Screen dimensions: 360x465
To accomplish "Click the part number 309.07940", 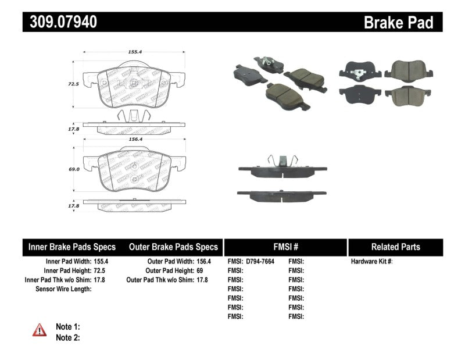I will click(x=60, y=22).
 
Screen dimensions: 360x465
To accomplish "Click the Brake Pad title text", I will click(x=398, y=23).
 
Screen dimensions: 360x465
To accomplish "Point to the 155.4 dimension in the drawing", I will click(x=135, y=52).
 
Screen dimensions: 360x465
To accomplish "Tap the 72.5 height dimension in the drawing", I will click(x=73, y=84).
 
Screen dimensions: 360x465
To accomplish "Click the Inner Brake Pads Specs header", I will click(x=72, y=247).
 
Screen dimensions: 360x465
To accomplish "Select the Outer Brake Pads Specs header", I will click(x=173, y=247).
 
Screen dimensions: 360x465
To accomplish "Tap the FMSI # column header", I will click(x=285, y=247).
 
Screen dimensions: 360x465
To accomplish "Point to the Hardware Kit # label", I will click(x=372, y=262).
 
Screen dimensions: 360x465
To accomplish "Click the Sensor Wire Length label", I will click(x=63, y=289).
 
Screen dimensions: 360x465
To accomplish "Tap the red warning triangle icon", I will click(x=40, y=330).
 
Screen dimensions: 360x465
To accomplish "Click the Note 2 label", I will click(x=67, y=337).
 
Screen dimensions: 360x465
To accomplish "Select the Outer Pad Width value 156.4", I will click(x=202, y=262).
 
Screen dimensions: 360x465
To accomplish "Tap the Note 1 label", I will click(x=67, y=327).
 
